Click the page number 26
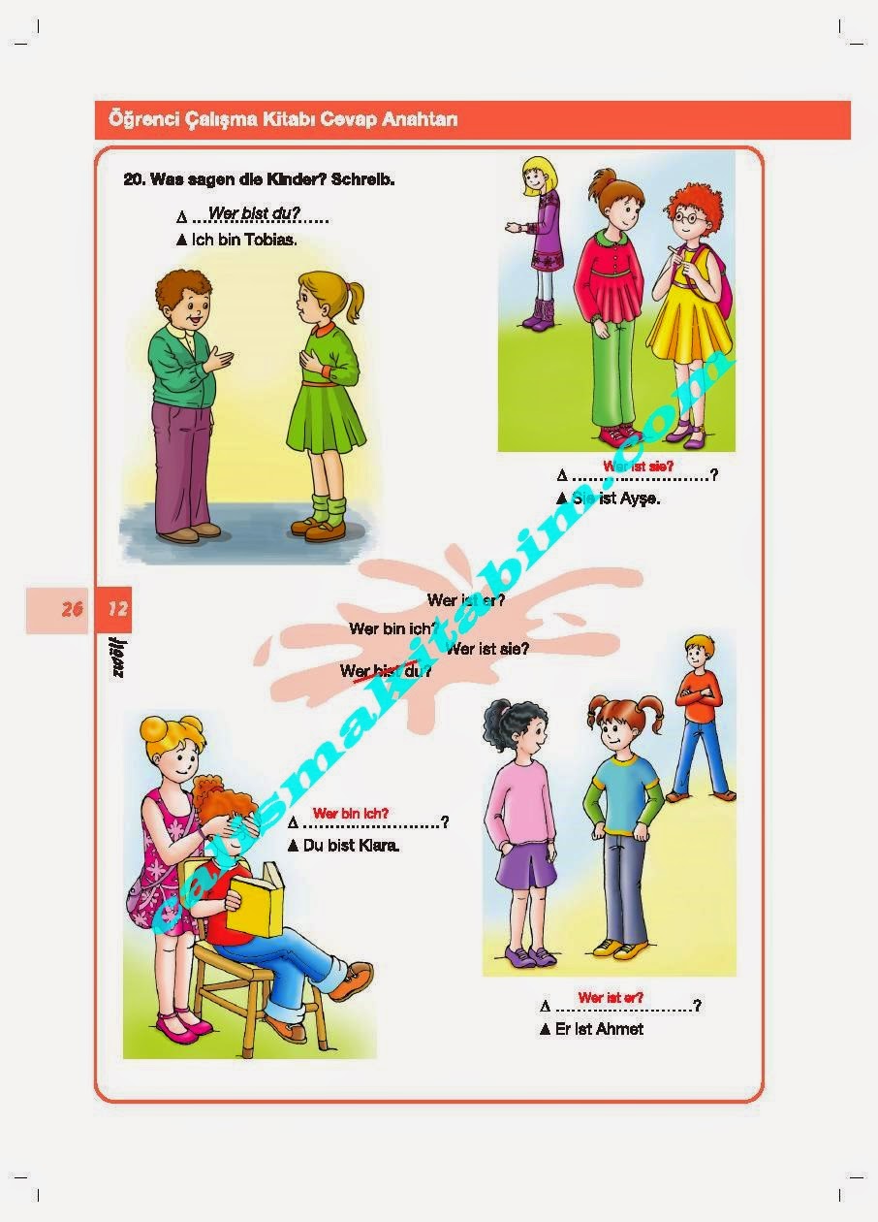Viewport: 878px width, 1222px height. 72,610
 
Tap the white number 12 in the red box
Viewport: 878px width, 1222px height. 117,610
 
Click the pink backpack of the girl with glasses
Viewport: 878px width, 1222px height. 722,281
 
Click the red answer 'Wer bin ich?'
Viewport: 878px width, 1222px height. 350,813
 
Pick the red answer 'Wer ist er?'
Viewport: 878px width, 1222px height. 611,997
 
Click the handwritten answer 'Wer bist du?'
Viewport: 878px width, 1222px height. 254,213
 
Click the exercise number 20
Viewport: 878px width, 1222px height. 134,179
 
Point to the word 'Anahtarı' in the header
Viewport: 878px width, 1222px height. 420,120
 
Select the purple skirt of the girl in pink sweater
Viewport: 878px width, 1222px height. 525,866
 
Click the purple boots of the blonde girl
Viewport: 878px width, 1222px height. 539,313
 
